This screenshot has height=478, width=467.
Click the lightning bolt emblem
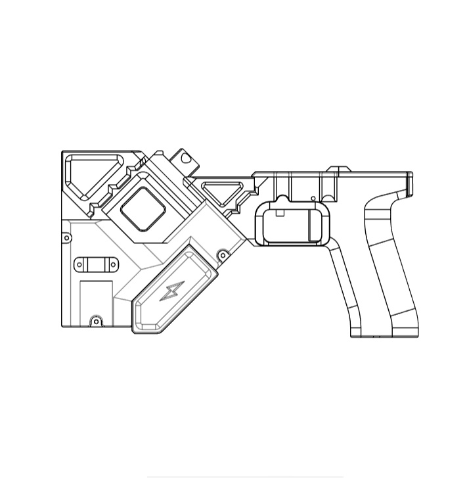tap(173, 291)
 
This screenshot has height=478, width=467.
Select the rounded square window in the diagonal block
tap(145, 208)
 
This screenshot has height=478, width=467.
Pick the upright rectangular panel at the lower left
tap(96, 299)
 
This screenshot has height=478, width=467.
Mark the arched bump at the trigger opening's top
tap(281, 199)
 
